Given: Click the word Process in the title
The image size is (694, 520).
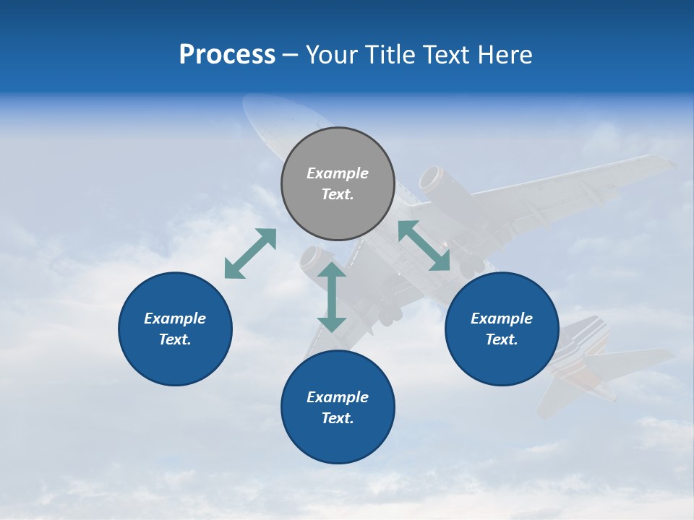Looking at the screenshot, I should pos(227,55).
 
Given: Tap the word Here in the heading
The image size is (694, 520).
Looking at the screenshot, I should pos(504,55).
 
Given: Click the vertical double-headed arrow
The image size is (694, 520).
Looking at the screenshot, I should pos(332,297).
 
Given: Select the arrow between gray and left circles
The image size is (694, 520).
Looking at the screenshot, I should pos(250,253).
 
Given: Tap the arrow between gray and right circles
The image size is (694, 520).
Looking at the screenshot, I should pos(424,246).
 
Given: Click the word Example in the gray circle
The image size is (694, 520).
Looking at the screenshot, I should pos(338,173).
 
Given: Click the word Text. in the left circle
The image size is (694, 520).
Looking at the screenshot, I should pos(175,339).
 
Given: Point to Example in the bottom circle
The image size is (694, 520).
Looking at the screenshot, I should pos(338,397).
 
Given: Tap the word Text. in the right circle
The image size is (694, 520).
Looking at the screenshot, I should pos(502,339).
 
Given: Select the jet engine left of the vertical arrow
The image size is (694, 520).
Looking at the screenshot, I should pos(312,260).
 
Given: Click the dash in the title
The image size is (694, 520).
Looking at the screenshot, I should pos(291,56).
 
